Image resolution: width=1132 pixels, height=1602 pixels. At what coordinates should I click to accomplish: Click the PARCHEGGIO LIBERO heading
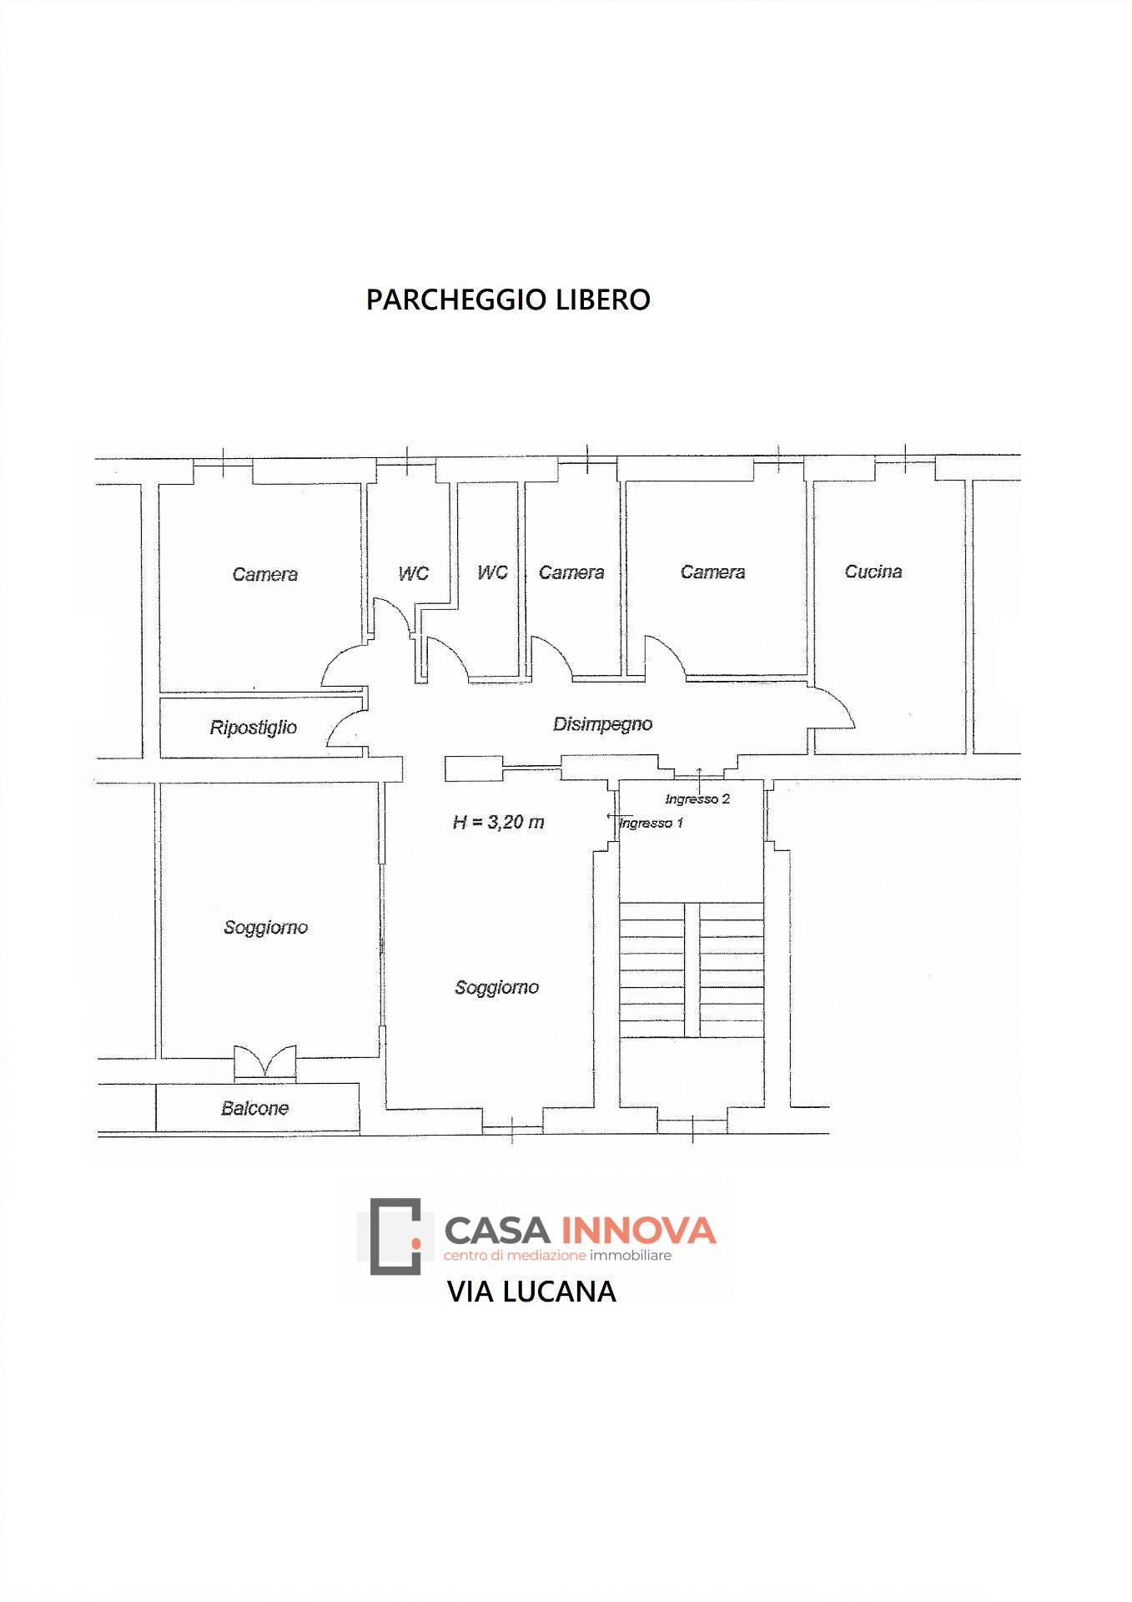coord(508,300)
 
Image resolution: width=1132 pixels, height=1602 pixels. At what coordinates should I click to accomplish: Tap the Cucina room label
coord(873,572)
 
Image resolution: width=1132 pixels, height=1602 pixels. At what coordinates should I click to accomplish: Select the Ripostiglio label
coord(253,728)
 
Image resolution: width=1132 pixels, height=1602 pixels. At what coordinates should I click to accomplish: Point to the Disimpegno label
coord(602,724)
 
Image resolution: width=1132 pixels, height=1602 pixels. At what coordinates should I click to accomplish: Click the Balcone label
coord(254,1108)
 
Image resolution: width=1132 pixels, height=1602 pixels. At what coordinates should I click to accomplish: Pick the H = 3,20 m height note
coord(498,822)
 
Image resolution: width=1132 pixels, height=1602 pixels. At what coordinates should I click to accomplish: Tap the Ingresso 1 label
coord(652,824)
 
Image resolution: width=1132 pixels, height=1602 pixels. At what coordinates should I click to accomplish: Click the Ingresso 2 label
coord(697,798)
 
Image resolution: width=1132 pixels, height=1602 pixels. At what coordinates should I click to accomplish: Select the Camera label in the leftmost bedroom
coord(264,574)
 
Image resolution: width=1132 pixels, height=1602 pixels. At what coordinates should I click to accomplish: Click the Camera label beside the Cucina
coord(712,572)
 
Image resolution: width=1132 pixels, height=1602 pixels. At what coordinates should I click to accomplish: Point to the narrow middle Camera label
coord(571,572)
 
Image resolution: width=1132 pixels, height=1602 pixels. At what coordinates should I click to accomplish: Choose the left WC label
coord(413,573)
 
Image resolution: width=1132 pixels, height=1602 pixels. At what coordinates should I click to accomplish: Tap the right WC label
coord(492,572)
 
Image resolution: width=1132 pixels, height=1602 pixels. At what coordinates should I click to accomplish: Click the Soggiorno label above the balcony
coord(265,927)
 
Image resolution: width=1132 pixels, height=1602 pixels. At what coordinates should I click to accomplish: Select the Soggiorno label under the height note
coord(496,987)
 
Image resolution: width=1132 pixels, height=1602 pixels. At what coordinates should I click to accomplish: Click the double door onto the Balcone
coord(264,1061)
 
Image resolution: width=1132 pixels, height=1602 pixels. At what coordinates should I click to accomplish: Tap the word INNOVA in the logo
coord(639,1230)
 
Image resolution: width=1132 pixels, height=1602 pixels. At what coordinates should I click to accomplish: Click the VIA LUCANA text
coord(531,1291)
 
